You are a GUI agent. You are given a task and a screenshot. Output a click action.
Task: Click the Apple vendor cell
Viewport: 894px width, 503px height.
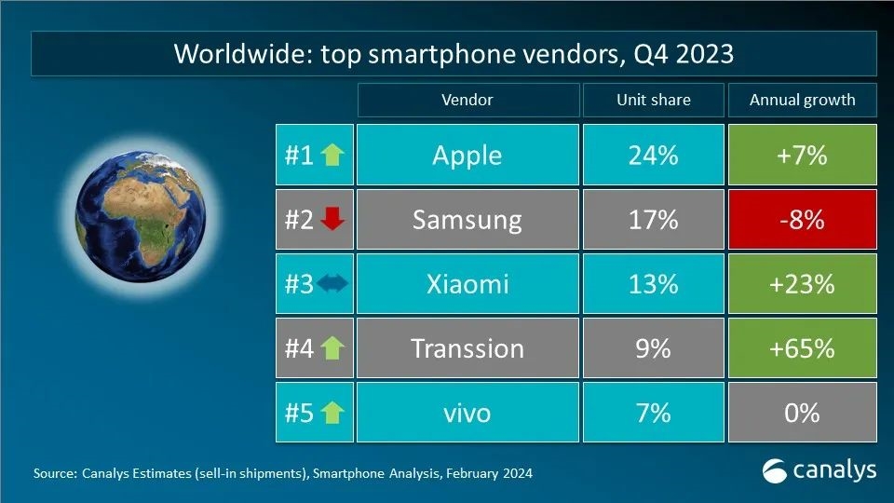pyautogui.click(x=467, y=156)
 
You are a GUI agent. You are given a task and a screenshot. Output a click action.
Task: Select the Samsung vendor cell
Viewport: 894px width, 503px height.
pyautogui.click(x=467, y=220)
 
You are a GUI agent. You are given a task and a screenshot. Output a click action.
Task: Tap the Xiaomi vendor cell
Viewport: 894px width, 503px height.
pyautogui.click(x=467, y=284)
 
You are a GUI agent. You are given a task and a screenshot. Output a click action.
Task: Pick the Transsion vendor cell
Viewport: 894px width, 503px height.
pyautogui.click(x=467, y=348)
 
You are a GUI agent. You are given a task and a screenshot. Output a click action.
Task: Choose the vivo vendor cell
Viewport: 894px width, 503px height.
pyautogui.click(x=467, y=413)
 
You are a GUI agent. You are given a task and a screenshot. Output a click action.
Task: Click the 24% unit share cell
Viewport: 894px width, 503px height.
pyautogui.click(x=653, y=156)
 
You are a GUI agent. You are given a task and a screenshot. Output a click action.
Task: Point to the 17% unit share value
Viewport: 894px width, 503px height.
pyautogui.click(x=653, y=220)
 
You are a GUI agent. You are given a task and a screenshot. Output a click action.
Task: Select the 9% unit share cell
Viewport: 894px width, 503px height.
pyautogui.click(x=653, y=348)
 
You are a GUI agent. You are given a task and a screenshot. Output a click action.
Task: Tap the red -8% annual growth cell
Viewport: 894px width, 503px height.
pyautogui.click(x=802, y=220)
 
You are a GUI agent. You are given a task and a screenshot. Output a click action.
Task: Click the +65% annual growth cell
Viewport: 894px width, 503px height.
pyautogui.click(x=802, y=348)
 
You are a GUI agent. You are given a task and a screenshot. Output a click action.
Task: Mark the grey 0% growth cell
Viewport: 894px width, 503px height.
pyautogui.click(x=802, y=413)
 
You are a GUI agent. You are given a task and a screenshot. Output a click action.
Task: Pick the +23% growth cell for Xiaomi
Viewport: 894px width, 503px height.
pyautogui.click(x=802, y=284)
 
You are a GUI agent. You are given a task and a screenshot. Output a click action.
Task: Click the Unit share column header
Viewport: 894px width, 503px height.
pyautogui.click(x=653, y=100)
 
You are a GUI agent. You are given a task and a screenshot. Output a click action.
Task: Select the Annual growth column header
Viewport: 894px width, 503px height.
pyautogui.click(x=802, y=100)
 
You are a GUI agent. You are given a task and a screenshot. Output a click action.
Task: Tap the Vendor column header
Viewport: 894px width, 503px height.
pyautogui.click(x=467, y=100)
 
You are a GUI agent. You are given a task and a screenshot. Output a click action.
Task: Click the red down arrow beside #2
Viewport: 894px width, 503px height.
pyautogui.click(x=332, y=220)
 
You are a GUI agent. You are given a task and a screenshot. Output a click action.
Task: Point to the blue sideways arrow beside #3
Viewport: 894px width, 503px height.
pyautogui.click(x=332, y=284)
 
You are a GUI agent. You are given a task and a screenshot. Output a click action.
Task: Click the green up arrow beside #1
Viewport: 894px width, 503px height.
pyautogui.click(x=332, y=156)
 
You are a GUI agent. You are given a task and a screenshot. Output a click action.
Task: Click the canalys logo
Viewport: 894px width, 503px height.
pyautogui.click(x=819, y=470)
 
